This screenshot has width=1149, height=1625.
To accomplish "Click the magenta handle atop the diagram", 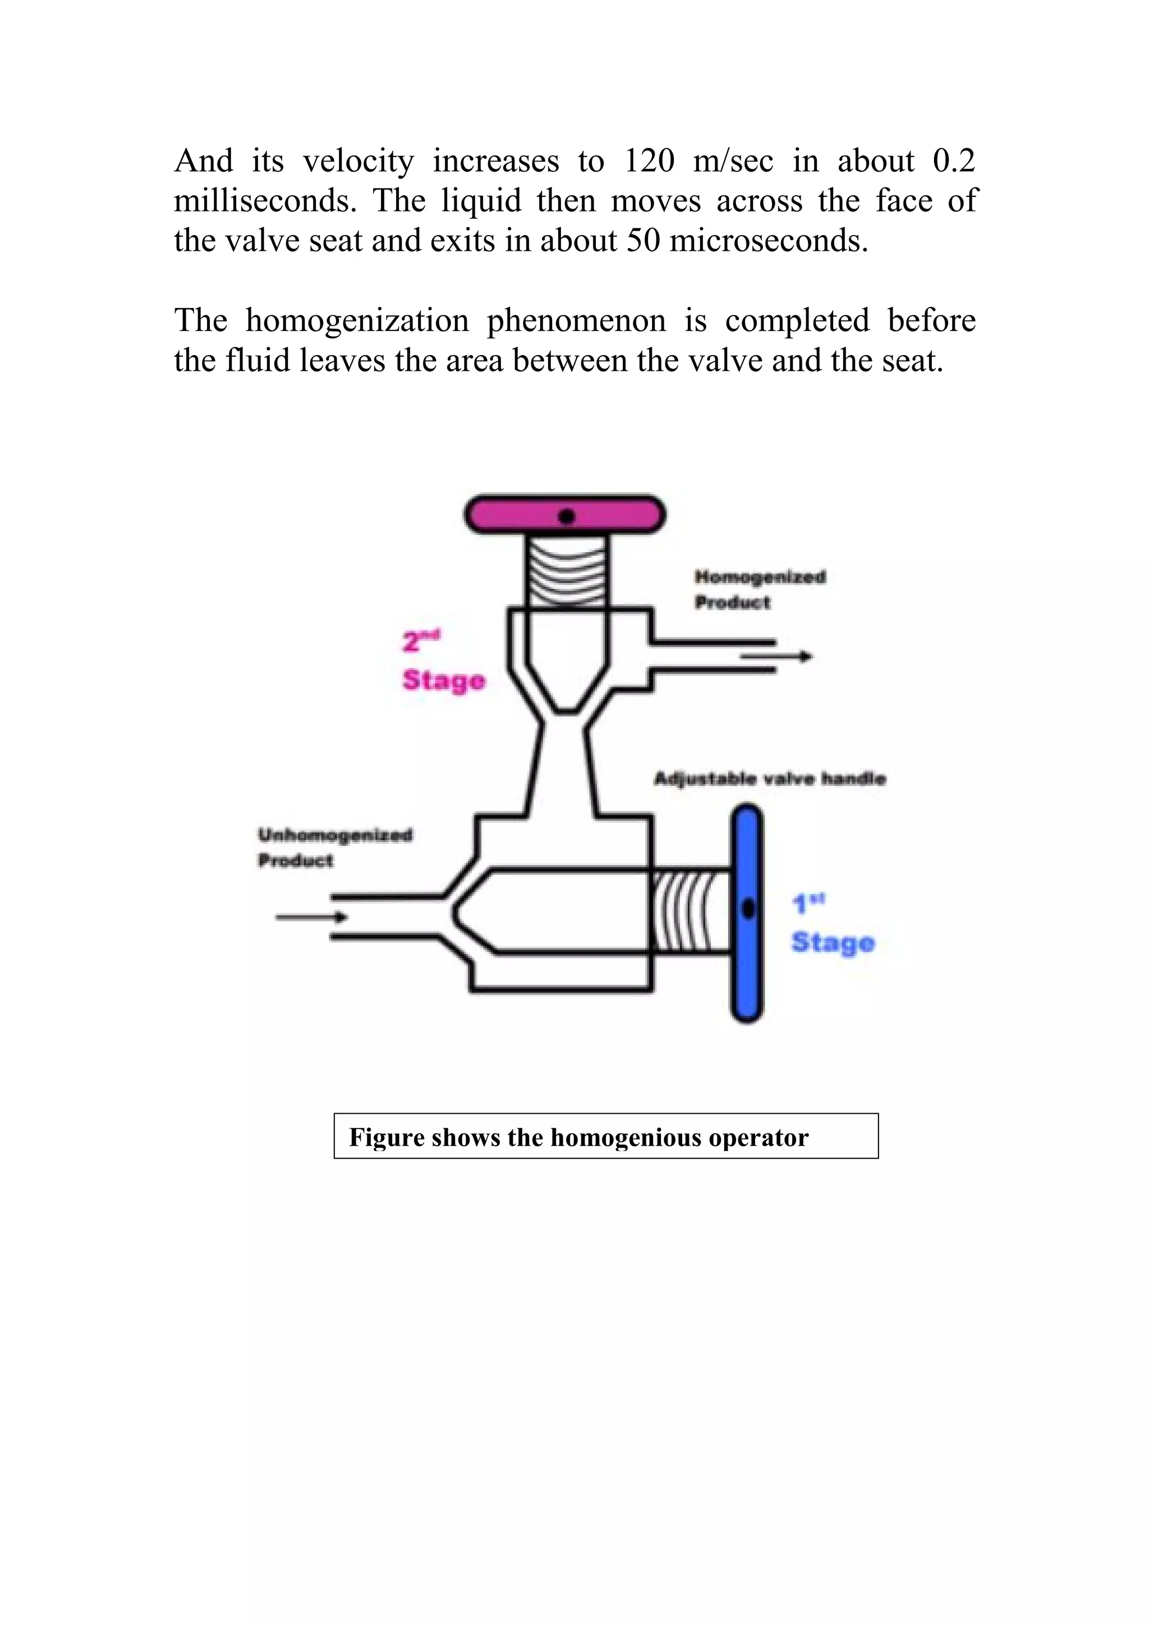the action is coord(564,515).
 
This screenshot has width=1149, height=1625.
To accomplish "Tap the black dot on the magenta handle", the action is coord(566,517).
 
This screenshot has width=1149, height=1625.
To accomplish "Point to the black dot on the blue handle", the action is coord(748,908).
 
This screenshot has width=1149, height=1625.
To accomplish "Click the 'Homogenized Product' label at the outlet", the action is coord(760,590).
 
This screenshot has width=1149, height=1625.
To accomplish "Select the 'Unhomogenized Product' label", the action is coord(334,848).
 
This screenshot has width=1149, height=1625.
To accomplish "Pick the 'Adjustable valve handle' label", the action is coord(770,779).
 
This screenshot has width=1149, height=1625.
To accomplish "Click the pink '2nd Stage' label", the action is coord(444,660).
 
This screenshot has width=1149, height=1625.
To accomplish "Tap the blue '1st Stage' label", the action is coord(833,924).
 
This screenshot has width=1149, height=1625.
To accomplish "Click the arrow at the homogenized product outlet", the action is coord(776,658).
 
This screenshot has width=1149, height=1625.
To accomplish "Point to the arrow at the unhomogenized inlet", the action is coord(311,917).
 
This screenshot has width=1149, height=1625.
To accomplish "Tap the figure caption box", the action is coord(606,1136).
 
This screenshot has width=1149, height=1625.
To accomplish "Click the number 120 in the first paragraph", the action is coord(649,162).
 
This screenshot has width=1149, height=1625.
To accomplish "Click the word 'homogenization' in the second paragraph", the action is coord(357,322).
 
